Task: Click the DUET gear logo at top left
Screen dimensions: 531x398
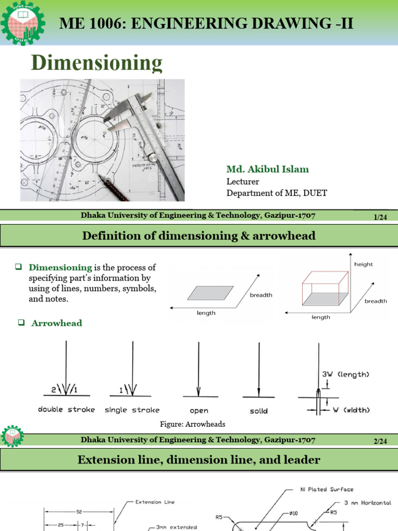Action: click(22, 24)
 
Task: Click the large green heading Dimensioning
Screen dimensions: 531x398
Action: click(97, 63)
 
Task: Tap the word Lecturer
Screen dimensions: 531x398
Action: click(243, 181)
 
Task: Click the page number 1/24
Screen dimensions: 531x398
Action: click(381, 218)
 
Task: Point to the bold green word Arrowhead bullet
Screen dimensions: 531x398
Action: click(56, 323)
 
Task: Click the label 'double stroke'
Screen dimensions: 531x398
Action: click(66, 410)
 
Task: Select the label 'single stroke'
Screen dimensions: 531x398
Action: click(132, 410)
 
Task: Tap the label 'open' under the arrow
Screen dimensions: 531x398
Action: click(199, 411)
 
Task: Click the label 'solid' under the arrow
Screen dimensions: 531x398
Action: click(259, 411)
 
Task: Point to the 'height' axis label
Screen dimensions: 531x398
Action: click(363, 264)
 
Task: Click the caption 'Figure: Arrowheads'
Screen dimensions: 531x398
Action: click(193, 424)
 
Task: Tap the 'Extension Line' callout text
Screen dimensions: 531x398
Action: click(155, 501)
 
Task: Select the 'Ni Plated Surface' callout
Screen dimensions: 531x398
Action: click(327, 489)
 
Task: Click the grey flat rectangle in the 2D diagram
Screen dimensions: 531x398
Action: click(207, 293)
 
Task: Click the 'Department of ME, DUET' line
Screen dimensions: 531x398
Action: click(277, 193)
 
